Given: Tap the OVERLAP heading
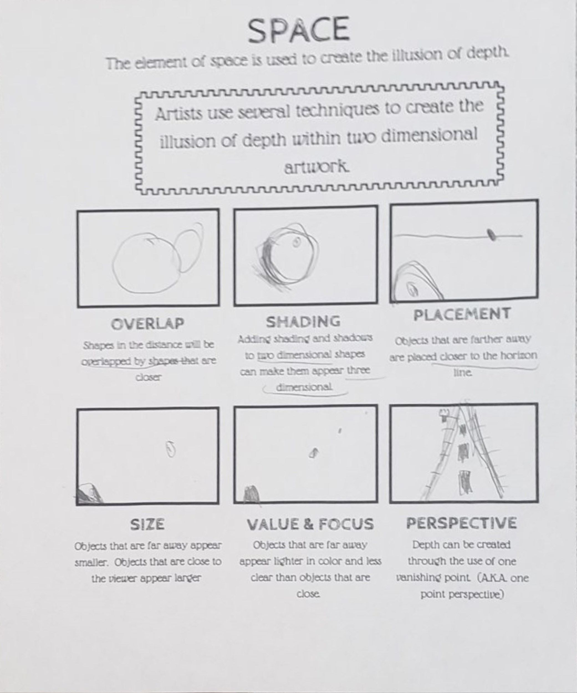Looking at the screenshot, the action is (x=147, y=324).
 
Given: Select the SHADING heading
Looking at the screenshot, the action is (x=303, y=322).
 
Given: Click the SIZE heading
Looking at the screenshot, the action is (x=147, y=524).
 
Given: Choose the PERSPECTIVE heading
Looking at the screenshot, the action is (x=461, y=523).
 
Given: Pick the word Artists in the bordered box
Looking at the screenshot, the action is (x=178, y=114).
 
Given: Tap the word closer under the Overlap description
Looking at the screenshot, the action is (x=149, y=377).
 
